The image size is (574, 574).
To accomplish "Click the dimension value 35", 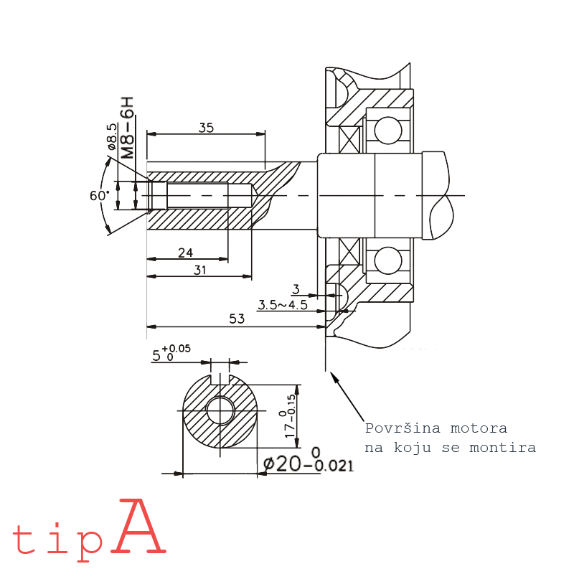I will click(206, 128).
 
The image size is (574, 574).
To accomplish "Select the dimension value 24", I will click(186, 253).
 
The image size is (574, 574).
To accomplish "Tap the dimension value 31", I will click(199, 270).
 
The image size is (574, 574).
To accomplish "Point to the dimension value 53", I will click(237, 319).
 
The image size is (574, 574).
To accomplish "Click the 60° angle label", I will click(99, 196).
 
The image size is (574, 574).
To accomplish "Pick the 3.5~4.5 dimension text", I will click(283, 305).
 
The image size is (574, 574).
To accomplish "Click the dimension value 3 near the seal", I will click(295, 289).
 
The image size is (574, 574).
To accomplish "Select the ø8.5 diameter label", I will click(112, 136).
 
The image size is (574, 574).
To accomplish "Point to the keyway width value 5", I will click(156, 355).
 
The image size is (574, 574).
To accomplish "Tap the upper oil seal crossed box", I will click(352, 138).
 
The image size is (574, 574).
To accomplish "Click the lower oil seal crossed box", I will click(352, 252).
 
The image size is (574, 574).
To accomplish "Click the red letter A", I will click(139, 528).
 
